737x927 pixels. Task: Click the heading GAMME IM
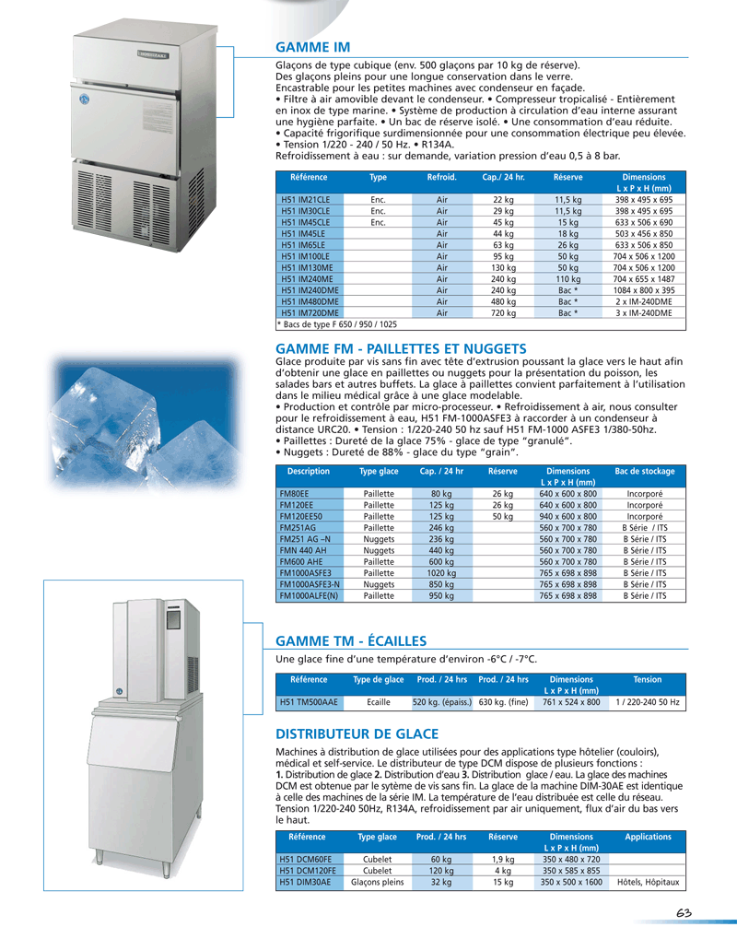313,47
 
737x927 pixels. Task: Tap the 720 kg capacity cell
503,312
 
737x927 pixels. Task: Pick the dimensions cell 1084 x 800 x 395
644,289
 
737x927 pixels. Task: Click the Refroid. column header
441,176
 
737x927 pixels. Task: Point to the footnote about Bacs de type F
337,324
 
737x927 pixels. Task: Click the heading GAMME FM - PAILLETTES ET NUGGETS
401,348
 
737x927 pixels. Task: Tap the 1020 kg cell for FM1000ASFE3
441,573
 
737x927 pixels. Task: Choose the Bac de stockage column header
644,471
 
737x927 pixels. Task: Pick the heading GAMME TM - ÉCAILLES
350,641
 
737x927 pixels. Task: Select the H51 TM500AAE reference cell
309,702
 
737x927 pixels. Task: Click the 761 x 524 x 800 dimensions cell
571,702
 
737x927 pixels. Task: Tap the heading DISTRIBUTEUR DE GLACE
357,734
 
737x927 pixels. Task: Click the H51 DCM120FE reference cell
309,870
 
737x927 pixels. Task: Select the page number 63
683,912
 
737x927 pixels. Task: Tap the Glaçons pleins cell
378,882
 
